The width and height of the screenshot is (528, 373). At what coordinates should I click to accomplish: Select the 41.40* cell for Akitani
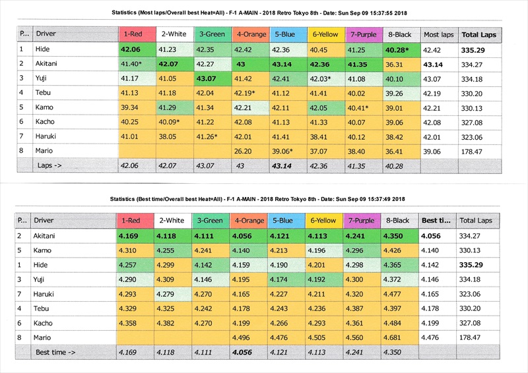pyautogui.click(x=135, y=63)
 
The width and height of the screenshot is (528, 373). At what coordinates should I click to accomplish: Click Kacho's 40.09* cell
pyautogui.click(x=173, y=122)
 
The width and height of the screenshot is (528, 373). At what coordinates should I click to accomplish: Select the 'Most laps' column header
pyautogui.click(x=438, y=34)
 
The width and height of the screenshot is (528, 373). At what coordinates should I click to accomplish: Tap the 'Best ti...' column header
pyautogui.click(x=436, y=220)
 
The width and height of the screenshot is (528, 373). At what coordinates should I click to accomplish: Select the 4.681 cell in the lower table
pyautogui.click(x=399, y=337)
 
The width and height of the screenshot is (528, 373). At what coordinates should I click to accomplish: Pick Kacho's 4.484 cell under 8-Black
pyautogui.click(x=399, y=323)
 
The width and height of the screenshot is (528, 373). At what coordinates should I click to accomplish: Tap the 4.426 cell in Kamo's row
pyautogui.click(x=399, y=250)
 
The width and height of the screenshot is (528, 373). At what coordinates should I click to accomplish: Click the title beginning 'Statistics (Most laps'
pyautogui.click(x=264, y=12)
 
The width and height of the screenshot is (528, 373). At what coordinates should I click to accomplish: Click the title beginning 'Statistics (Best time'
pyautogui.click(x=264, y=198)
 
